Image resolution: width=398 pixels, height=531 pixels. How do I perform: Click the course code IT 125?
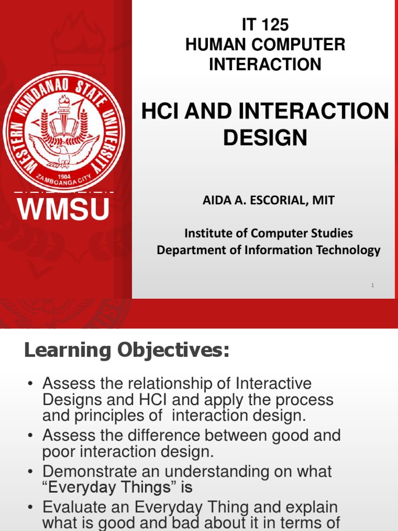(x=265, y=25)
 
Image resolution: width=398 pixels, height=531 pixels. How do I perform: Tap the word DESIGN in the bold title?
(x=265, y=137)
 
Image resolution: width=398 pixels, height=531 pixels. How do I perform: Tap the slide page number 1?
(x=373, y=285)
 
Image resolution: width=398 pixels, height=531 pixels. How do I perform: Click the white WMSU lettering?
(x=64, y=209)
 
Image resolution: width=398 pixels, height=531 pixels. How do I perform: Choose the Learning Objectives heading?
(x=127, y=351)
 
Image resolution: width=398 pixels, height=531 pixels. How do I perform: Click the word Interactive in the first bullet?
(x=274, y=384)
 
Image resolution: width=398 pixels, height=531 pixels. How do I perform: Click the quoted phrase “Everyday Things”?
(x=109, y=487)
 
